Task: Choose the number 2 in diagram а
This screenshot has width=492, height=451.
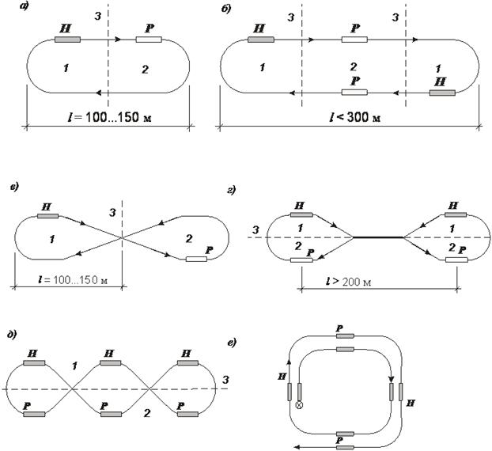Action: [145, 70]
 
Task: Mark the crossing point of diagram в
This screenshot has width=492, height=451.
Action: [121, 237]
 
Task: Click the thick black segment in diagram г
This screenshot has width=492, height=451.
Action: [378, 237]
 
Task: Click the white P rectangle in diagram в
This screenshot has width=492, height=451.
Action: [195, 259]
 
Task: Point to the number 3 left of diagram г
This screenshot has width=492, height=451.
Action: [252, 230]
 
